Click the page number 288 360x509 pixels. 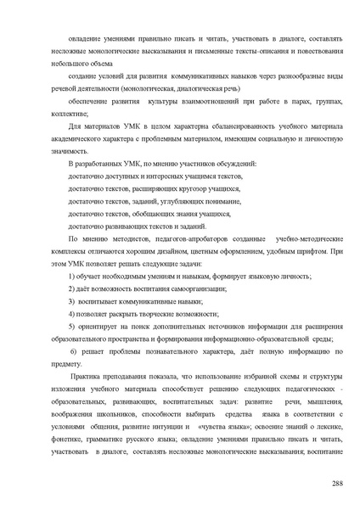(x=337, y=483)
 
